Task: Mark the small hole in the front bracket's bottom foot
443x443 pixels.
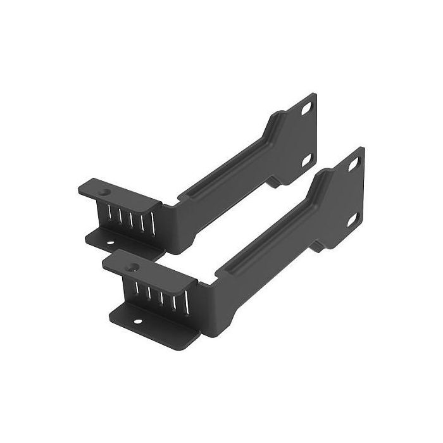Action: [x=135, y=320]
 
